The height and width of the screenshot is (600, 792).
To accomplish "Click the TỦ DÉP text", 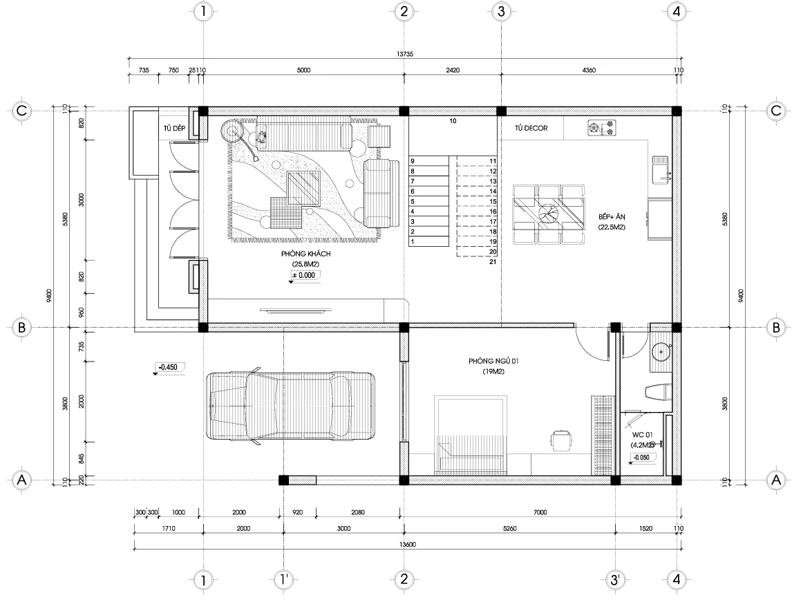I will coord(175,128).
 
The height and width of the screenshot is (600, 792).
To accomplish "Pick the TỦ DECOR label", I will coord(531,128).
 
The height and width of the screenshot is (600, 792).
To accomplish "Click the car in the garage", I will coord(291,406).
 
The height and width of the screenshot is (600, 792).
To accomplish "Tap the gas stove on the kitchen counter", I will coord(601,127).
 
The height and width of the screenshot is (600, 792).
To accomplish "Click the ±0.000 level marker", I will coord(304,275).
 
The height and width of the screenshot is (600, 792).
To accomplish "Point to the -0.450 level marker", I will coord(169,367).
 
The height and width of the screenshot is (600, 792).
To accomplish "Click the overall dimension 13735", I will coord(404,55).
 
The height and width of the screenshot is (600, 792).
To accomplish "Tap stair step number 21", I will coord(493,262).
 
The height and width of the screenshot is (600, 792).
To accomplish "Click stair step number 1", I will coord(413,242).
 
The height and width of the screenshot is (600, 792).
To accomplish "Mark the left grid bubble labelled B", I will coord(21,328).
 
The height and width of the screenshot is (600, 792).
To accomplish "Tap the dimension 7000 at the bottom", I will coord(540,512).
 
